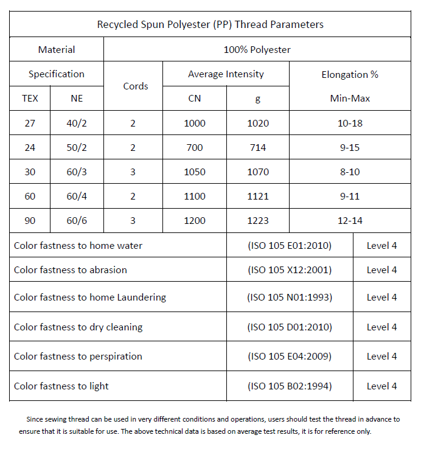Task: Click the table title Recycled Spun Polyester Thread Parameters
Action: tap(210, 24)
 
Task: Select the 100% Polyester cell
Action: tap(257, 49)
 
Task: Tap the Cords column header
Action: tap(135, 86)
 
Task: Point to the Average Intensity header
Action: tap(226, 74)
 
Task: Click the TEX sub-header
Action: tap(30, 98)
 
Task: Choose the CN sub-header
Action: tap(195, 98)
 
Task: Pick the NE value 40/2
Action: tap(77, 123)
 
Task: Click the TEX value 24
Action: tap(30, 147)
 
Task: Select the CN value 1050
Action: tap(195, 172)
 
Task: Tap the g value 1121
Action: tap(258, 196)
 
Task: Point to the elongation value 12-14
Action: tap(350, 220)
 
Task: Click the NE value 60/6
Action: tap(77, 220)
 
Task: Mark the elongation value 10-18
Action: tap(350, 123)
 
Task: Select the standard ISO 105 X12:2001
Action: tap(290, 270)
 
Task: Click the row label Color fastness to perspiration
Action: tap(78, 356)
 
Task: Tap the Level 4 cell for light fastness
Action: tap(381, 386)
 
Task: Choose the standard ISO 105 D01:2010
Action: tap(290, 327)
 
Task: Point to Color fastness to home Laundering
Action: tap(90, 297)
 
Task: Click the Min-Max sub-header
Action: tap(350, 98)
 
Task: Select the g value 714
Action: tap(258, 147)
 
